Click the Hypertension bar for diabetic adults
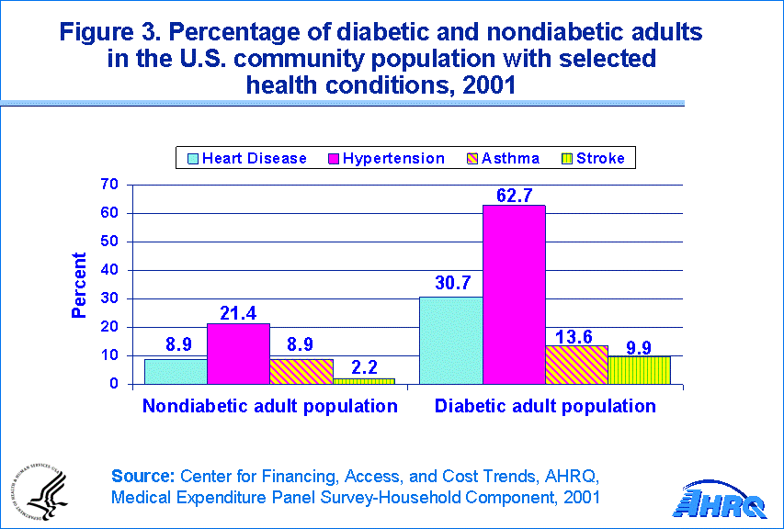click(514, 294)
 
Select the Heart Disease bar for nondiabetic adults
click(176, 371)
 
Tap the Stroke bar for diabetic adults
click(640, 370)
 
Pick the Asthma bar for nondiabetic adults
click(301, 371)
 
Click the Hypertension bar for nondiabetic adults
click(238, 354)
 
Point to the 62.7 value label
click(514, 194)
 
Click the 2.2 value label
click(363, 367)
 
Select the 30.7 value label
click(451, 285)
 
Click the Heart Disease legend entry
click(246, 158)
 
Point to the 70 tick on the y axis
click(110, 185)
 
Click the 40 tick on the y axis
click(110, 270)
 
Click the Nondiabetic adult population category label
click(270, 406)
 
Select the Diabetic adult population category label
click(545, 406)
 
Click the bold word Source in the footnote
click(142, 476)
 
